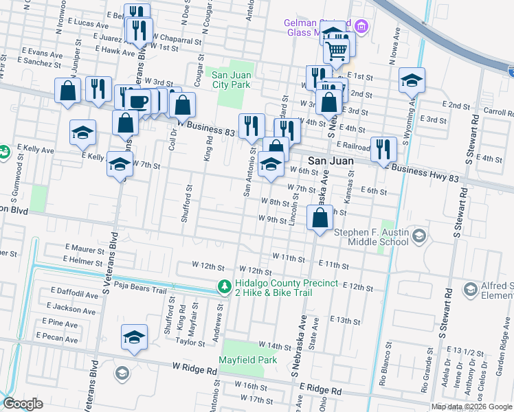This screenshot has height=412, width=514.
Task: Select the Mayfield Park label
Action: click(x=247, y=359)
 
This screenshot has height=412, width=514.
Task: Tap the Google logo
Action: click(x=23, y=404)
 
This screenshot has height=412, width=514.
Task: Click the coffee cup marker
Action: click(x=139, y=102)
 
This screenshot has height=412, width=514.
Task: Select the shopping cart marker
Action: click(x=336, y=49)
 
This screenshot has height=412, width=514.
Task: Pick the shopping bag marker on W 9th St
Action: click(x=320, y=218)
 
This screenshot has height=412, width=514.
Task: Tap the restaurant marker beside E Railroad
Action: click(x=383, y=148)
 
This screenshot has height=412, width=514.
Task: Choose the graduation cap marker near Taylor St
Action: click(x=134, y=337)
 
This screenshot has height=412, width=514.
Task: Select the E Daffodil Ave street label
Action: click(x=73, y=294)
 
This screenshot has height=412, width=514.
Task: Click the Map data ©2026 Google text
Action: click(x=471, y=407)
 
